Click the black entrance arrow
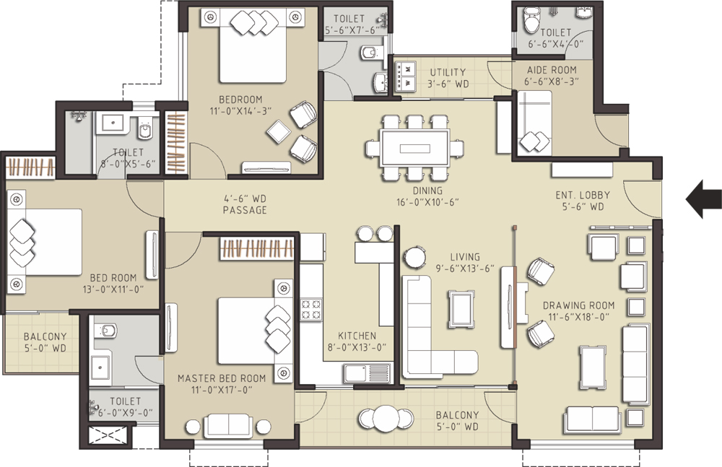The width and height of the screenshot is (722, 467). tap(703, 199)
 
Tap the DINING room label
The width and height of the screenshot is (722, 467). tap(427, 191)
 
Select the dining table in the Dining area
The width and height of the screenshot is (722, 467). tap(415, 148)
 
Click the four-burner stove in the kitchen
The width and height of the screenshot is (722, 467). tap(311, 310)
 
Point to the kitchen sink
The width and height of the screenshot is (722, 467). tap(367, 373)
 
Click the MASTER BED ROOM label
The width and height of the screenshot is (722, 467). tap(222, 378)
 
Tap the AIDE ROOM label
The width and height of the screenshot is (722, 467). tap(552, 70)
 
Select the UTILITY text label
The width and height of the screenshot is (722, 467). tap(448, 72)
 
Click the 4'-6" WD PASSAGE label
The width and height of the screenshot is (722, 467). tap(245, 204)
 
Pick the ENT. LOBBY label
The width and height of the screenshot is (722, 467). tap(583, 195)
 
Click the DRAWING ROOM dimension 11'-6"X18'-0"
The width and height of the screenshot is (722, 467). tap(579, 317)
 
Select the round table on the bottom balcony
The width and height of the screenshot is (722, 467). tap(386, 419)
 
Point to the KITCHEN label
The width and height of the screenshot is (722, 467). tap(357, 336)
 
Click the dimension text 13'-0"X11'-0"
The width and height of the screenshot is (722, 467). tap(113, 289)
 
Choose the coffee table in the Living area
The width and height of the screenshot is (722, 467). tap(462, 310)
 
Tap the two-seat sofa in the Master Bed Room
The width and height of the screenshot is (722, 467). tap(227, 426)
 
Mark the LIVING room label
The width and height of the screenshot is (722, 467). tap(464, 256)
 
